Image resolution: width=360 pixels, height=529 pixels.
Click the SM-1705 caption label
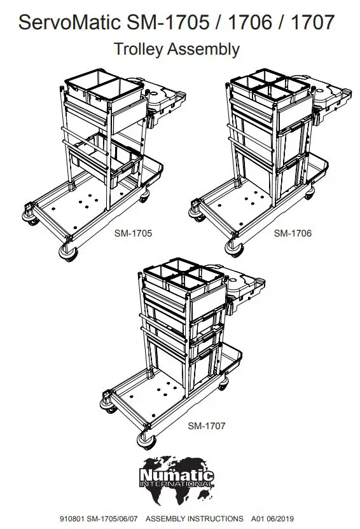pos(134,233)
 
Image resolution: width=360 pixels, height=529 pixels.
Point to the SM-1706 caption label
pos(293,233)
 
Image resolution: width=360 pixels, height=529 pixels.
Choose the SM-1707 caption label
pos(206,425)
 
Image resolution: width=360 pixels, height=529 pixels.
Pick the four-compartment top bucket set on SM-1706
pos(270,89)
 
